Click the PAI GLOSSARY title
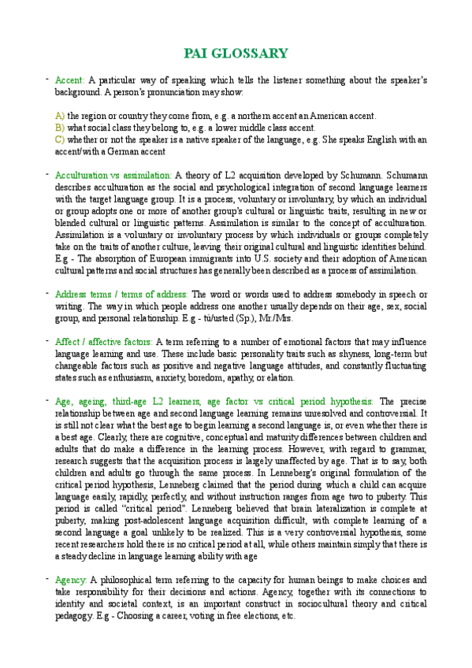236,54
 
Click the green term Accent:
69,80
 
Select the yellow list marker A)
59,116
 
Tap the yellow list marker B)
59,128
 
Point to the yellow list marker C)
59,139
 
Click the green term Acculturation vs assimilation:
113,176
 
